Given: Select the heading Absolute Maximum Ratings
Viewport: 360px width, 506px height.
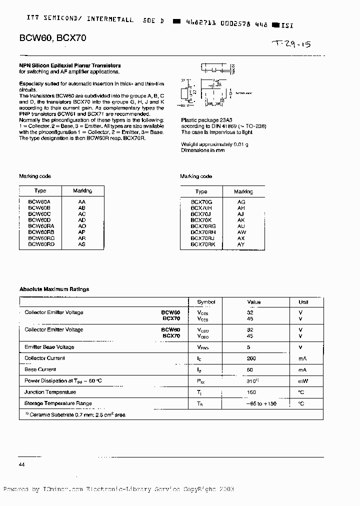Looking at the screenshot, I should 54,289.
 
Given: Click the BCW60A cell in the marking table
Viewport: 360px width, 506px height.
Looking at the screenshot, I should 40,201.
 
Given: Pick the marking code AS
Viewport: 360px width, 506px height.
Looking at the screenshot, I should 82,244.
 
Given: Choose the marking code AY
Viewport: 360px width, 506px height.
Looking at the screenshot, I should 241,244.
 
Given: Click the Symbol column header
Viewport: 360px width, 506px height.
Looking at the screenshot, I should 206,302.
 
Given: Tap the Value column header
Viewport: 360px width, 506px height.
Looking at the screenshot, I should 254,302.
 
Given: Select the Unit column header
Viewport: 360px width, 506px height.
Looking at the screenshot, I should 303,302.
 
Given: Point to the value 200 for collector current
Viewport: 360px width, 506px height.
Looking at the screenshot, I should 251,358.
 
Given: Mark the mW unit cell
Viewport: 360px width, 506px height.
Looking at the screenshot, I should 303,381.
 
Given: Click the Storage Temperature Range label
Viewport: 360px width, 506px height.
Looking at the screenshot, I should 58,403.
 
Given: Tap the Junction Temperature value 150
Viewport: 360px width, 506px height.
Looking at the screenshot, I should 251,392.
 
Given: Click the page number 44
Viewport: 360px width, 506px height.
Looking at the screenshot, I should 22,464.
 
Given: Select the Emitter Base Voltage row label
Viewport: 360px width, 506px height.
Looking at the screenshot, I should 49,347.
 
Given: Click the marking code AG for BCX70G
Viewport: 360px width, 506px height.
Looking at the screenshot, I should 241,201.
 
